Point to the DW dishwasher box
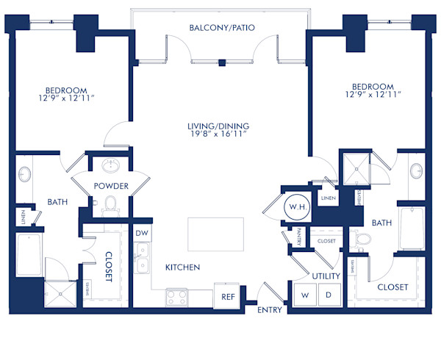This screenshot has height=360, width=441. [x=142, y=233]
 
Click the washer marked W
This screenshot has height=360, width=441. [x=304, y=295]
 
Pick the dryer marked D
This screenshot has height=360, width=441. [x=329, y=295]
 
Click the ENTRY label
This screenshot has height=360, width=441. [x=269, y=310]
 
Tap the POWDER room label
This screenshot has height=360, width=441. [x=111, y=186]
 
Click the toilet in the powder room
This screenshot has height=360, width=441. [x=111, y=204]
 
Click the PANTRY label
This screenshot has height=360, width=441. [x=301, y=237]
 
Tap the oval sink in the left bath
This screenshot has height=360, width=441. [x=24, y=175]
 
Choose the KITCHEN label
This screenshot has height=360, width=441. [x=183, y=267]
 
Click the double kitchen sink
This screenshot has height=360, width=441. [x=142, y=259]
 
